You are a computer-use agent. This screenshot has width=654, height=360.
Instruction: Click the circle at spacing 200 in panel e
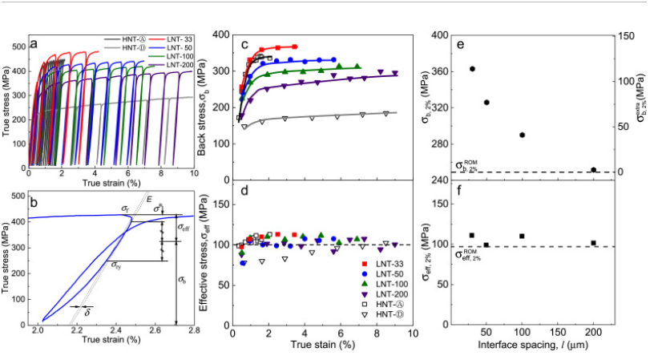[x=593, y=170]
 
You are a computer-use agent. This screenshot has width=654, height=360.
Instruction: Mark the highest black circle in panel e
[x=473, y=69]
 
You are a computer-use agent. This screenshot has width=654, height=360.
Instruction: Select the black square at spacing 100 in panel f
[x=522, y=237]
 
